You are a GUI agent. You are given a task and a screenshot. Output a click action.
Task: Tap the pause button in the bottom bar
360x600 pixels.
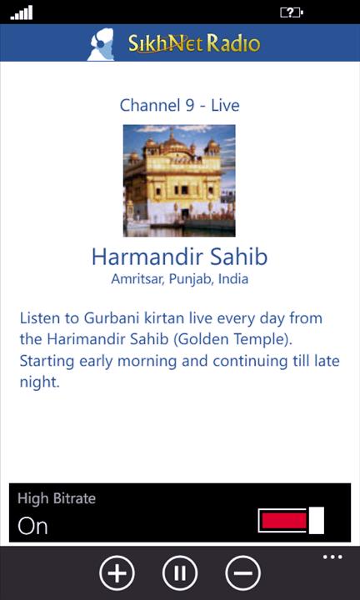click(180, 572)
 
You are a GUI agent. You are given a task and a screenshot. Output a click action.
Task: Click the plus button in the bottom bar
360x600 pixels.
click(117, 572)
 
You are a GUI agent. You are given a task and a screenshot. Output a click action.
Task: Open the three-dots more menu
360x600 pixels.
click(332, 557)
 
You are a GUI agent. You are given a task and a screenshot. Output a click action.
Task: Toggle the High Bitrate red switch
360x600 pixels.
click(291, 520)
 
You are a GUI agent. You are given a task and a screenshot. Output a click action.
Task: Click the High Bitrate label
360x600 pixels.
click(57, 499)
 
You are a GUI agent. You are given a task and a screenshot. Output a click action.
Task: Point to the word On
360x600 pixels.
click(32, 526)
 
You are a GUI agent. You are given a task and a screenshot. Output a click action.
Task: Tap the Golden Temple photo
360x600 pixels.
click(179, 181)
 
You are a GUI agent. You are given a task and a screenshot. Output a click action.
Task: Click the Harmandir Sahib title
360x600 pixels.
click(179, 257)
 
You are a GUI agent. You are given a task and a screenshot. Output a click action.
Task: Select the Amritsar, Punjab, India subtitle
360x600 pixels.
click(179, 279)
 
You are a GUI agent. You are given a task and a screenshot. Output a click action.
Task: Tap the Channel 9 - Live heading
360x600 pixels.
click(179, 105)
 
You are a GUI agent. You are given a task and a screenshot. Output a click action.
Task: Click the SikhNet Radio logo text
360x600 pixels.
click(194, 43)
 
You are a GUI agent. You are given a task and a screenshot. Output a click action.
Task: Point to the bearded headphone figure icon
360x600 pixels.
click(101, 44)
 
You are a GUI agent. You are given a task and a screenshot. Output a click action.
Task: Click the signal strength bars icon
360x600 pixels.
click(22, 13)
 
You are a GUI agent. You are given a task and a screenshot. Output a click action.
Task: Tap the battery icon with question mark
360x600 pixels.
click(292, 13)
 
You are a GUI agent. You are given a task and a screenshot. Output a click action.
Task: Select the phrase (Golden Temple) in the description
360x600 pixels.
click(233, 340)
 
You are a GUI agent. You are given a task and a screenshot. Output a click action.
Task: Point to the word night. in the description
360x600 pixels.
click(40, 382)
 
